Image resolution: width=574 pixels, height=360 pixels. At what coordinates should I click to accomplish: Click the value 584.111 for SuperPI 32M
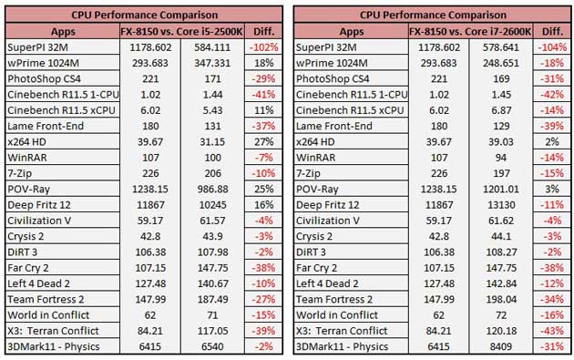click(x=212, y=47)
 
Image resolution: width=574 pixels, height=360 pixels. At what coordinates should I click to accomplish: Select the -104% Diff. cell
click(x=552, y=47)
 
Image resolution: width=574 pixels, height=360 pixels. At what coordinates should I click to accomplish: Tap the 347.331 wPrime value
click(x=212, y=63)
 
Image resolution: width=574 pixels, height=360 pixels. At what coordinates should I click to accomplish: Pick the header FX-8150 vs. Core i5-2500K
click(x=181, y=32)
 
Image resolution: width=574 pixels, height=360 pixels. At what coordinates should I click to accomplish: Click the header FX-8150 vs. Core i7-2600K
click(x=470, y=32)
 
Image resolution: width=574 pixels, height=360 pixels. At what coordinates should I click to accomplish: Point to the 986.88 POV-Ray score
click(x=212, y=189)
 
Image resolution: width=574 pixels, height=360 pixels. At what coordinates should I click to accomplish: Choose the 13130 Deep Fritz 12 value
click(x=501, y=205)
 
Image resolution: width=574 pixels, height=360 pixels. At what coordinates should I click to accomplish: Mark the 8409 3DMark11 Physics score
click(x=501, y=346)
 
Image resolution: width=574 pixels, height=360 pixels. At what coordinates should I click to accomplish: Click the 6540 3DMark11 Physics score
click(x=212, y=346)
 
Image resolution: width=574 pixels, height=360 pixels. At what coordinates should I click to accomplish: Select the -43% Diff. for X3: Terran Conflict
click(x=552, y=331)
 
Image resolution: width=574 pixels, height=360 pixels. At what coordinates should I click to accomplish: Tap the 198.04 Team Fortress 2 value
click(x=501, y=299)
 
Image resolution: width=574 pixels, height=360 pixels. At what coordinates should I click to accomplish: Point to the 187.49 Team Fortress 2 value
click(x=212, y=299)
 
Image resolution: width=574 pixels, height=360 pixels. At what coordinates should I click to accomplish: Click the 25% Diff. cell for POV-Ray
click(x=263, y=189)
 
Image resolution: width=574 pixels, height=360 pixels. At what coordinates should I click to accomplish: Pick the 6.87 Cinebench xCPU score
click(x=501, y=110)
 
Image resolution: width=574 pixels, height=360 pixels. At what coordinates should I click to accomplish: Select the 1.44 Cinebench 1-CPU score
click(x=212, y=95)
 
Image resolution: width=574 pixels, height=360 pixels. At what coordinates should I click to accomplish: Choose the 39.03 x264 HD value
click(x=501, y=142)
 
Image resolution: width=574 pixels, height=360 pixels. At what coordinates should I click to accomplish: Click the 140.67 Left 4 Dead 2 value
click(x=212, y=283)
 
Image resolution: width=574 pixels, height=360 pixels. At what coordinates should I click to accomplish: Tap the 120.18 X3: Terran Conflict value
click(x=501, y=331)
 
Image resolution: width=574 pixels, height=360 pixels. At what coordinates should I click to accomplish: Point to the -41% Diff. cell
click(x=263, y=95)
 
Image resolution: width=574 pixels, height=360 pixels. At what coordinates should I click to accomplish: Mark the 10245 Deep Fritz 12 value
click(x=212, y=205)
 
